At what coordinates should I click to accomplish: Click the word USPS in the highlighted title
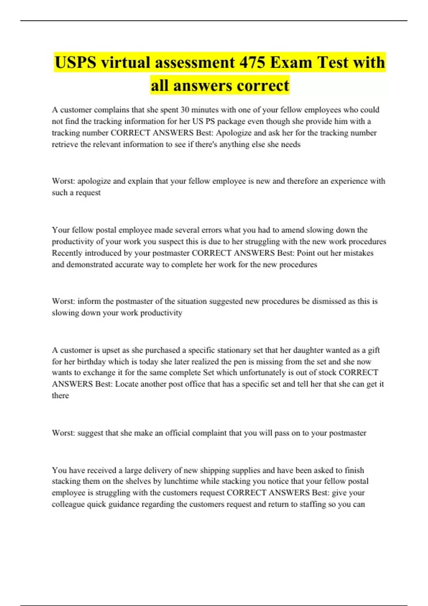pyautogui.click(x=75, y=63)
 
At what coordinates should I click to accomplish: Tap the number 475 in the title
pyautogui.click(x=252, y=63)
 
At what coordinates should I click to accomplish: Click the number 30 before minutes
pyautogui.click(x=185, y=110)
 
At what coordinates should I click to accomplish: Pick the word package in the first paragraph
pyautogui.click(x=231, y=121)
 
